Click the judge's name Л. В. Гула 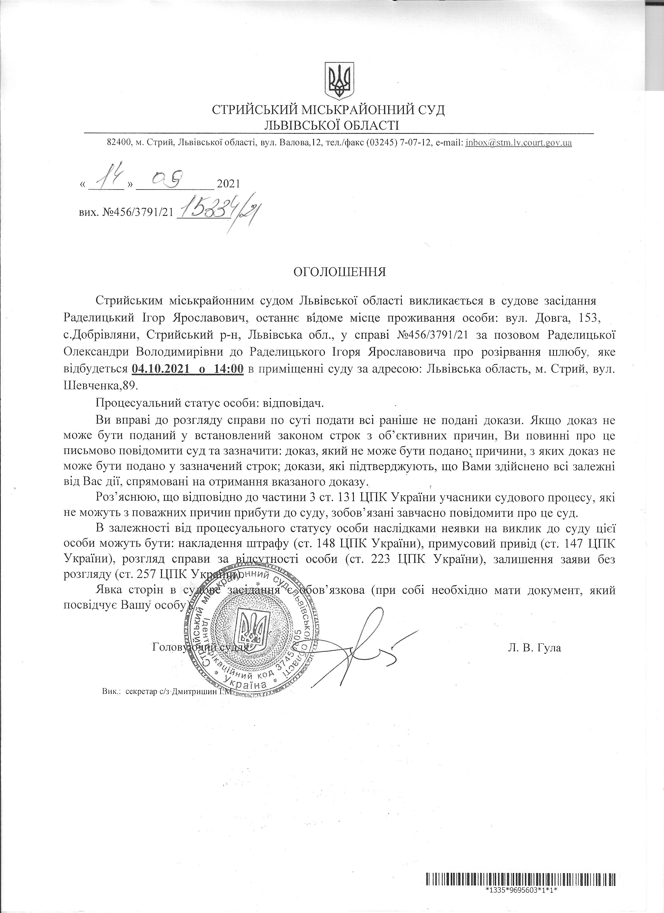pos(534,648)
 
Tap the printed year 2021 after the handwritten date pos(228,184)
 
